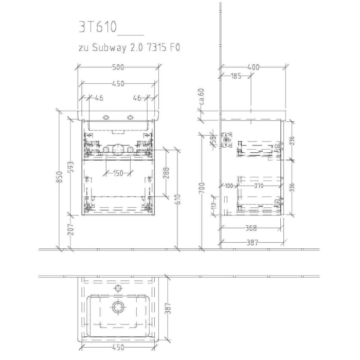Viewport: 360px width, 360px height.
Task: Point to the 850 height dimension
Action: (59, 178)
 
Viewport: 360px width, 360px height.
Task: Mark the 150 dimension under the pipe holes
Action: (118, 173)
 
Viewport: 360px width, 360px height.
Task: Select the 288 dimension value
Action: (167, 172)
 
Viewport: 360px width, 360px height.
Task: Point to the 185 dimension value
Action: (236, 77)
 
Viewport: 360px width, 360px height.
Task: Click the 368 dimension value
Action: (250, 228)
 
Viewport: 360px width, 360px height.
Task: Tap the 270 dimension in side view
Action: (259, 186)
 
